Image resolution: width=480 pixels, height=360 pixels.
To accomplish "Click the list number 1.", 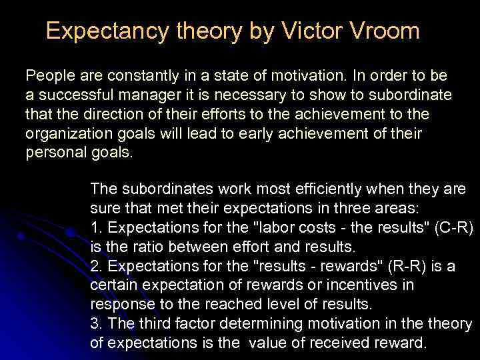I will (x=95, y=228).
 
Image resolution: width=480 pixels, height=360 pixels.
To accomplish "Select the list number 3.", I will (x=95, y=325).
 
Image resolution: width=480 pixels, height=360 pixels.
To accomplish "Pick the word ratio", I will (x=139, y=247).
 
